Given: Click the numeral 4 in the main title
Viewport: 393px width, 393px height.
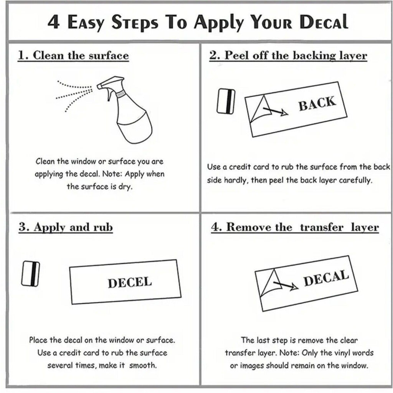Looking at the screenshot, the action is click(53, 22).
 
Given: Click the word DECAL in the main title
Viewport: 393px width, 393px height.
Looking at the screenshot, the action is click(324, 22).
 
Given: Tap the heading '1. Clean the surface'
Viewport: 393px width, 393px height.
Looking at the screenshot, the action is click(73, 55).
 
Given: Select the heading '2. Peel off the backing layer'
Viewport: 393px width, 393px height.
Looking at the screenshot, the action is click(288, 55).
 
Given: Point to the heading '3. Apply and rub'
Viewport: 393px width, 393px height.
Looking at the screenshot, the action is click(65, 227).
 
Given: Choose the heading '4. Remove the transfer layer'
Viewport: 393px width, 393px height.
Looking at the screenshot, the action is click(295, 227).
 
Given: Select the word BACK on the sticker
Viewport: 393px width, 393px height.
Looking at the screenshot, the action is click(317, 103).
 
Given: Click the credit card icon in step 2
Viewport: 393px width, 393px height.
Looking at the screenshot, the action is click(226, 101).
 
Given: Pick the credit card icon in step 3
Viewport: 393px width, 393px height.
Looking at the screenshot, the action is click(31, 273).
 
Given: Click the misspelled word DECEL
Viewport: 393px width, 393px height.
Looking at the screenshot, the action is click(130, 282).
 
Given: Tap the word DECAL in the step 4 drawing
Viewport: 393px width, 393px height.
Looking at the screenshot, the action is click(326, 278).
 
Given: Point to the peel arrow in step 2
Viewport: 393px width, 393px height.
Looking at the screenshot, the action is click(275, 111).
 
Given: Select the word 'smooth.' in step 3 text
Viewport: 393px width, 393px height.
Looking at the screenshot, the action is click(143, 365).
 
